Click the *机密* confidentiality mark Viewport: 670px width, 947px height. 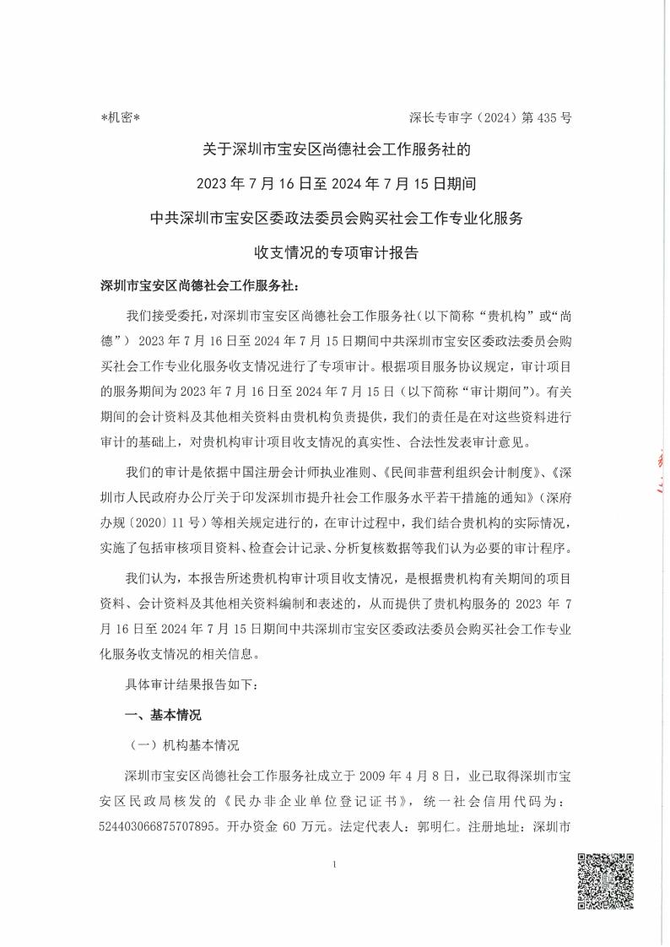click(120, 118)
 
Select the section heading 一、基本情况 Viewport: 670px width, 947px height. click(163, 715)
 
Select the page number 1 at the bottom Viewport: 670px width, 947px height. click(336, 866)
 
